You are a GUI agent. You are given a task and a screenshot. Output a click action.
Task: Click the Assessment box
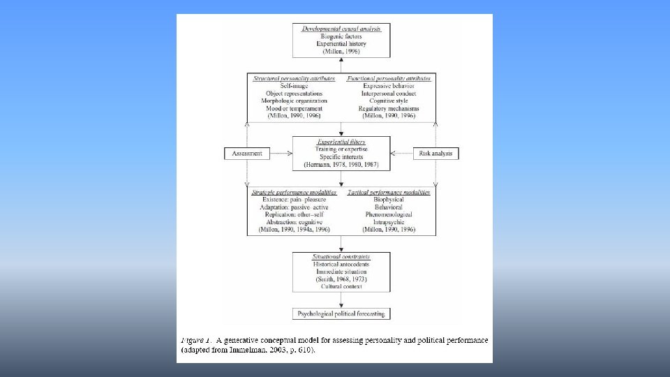(x=248, y=153)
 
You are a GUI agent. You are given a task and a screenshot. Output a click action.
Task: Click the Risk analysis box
(x=436, y=153)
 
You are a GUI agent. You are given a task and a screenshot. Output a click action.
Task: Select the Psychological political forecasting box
(x=342, y=314)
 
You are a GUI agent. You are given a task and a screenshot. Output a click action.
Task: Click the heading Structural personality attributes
(x=294, y=78)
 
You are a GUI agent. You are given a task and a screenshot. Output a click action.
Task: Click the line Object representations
(x=294, y=94)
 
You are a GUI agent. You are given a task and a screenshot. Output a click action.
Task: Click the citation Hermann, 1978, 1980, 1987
(x=341, y=164)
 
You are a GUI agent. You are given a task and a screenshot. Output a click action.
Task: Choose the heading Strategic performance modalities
(x=294, y=191)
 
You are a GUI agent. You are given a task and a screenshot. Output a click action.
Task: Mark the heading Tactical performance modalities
(x=388, y=191)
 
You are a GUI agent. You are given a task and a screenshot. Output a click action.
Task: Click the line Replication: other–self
(x=294, y=214)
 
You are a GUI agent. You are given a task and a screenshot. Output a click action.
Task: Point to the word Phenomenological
(x=388, y=214)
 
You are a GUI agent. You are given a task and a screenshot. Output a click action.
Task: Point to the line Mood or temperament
(x=294, y=109)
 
